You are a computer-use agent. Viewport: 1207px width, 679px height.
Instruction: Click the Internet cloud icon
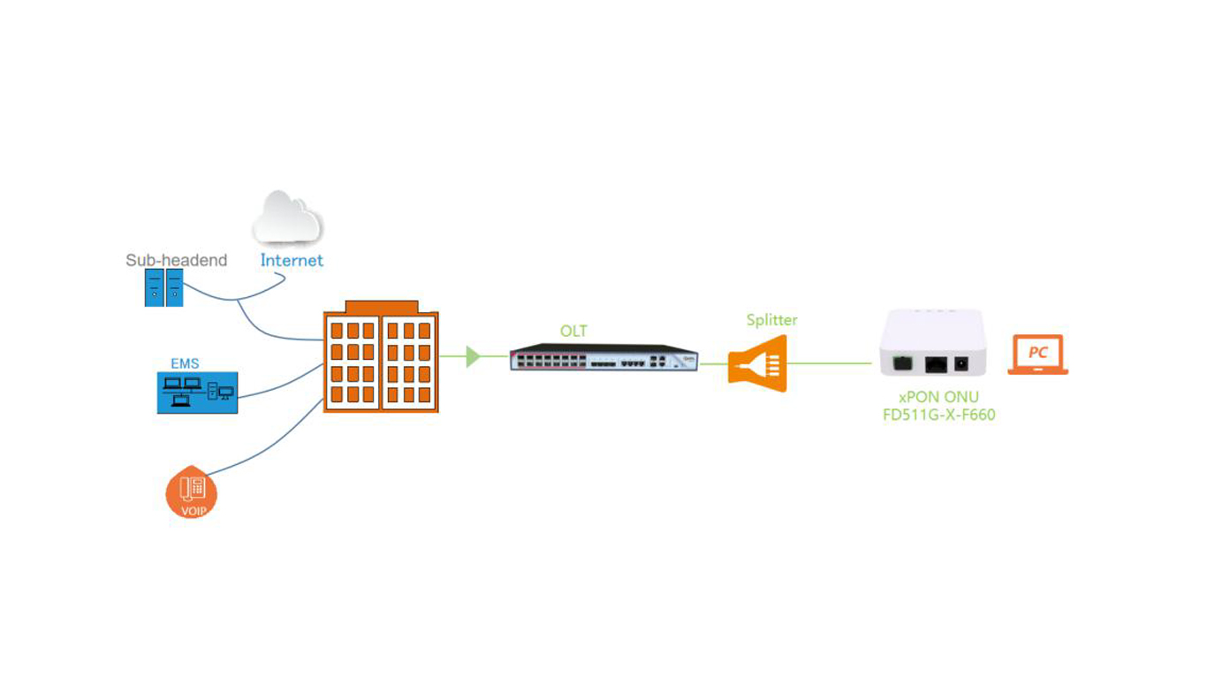pyautogui.click(x=287, y=217)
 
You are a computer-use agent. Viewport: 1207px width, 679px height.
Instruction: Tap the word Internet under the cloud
pyautogui.click(x=292, y=261)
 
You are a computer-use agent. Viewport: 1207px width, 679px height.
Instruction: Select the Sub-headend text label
pyautogui.click(x=176, y=260)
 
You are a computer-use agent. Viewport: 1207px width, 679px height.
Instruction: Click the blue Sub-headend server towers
pyautogui.click(x=163, y=288)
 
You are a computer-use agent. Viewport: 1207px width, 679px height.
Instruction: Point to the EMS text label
pyautogui.click(x=185, y=363)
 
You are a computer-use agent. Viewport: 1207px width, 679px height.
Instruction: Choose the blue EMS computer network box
pyautogui.click(x=197, y=393)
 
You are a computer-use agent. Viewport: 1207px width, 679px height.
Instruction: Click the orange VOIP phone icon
pyautogui.click(x=191, y=492)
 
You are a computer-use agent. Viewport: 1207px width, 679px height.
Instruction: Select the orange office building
pyautogui.click(x=381, y=356)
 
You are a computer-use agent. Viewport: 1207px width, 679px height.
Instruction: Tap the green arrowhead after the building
pyautogui.click(x=473, y=356)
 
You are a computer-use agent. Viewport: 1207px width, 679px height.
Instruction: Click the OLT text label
pyautogui.click(x=573, y=331)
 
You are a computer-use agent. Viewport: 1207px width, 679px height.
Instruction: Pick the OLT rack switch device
pyautogui.click(x=604, y=357)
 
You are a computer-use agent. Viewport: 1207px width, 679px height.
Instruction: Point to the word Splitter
pyautogui.click(x=771, y=320)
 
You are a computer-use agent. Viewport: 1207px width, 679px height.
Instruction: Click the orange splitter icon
pyautogui.click(x=757, y=363)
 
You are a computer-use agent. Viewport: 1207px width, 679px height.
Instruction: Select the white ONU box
pyautogui.click(x=933, y=343)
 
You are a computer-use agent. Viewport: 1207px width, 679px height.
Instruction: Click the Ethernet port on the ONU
pyautogui.click(x=936, y=364)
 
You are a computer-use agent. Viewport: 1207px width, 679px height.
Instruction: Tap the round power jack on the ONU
pyautogui.click(x=962, y=364)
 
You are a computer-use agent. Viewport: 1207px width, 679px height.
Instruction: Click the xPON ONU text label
pyautogui.click(x=938, y=397)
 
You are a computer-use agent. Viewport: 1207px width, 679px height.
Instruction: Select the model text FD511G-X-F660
pyautogui.click(x=938, y=415)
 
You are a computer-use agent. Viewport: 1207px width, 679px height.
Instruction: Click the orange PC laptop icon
pyautogui.click(x=1038, y=355)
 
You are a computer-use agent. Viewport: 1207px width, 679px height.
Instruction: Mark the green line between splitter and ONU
pyautogui.click(x=830, y=363)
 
